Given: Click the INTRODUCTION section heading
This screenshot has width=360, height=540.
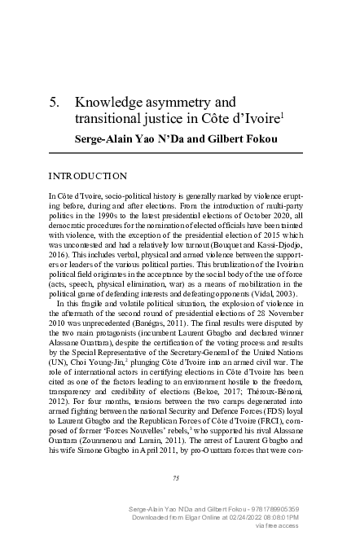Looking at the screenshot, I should tap(89, 176).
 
